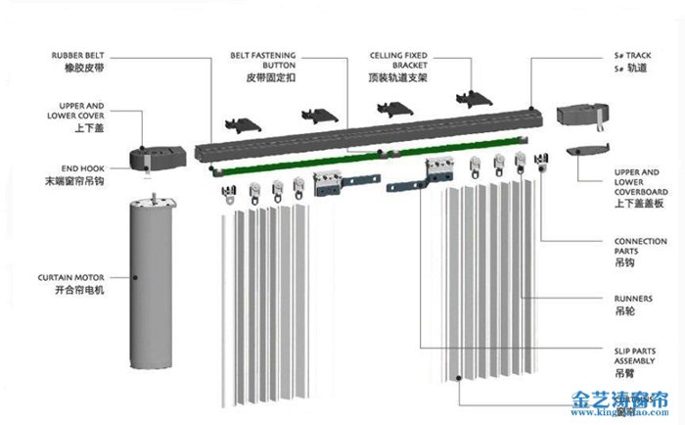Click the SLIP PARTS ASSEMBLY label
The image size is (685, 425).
click(x=641, y=354)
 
